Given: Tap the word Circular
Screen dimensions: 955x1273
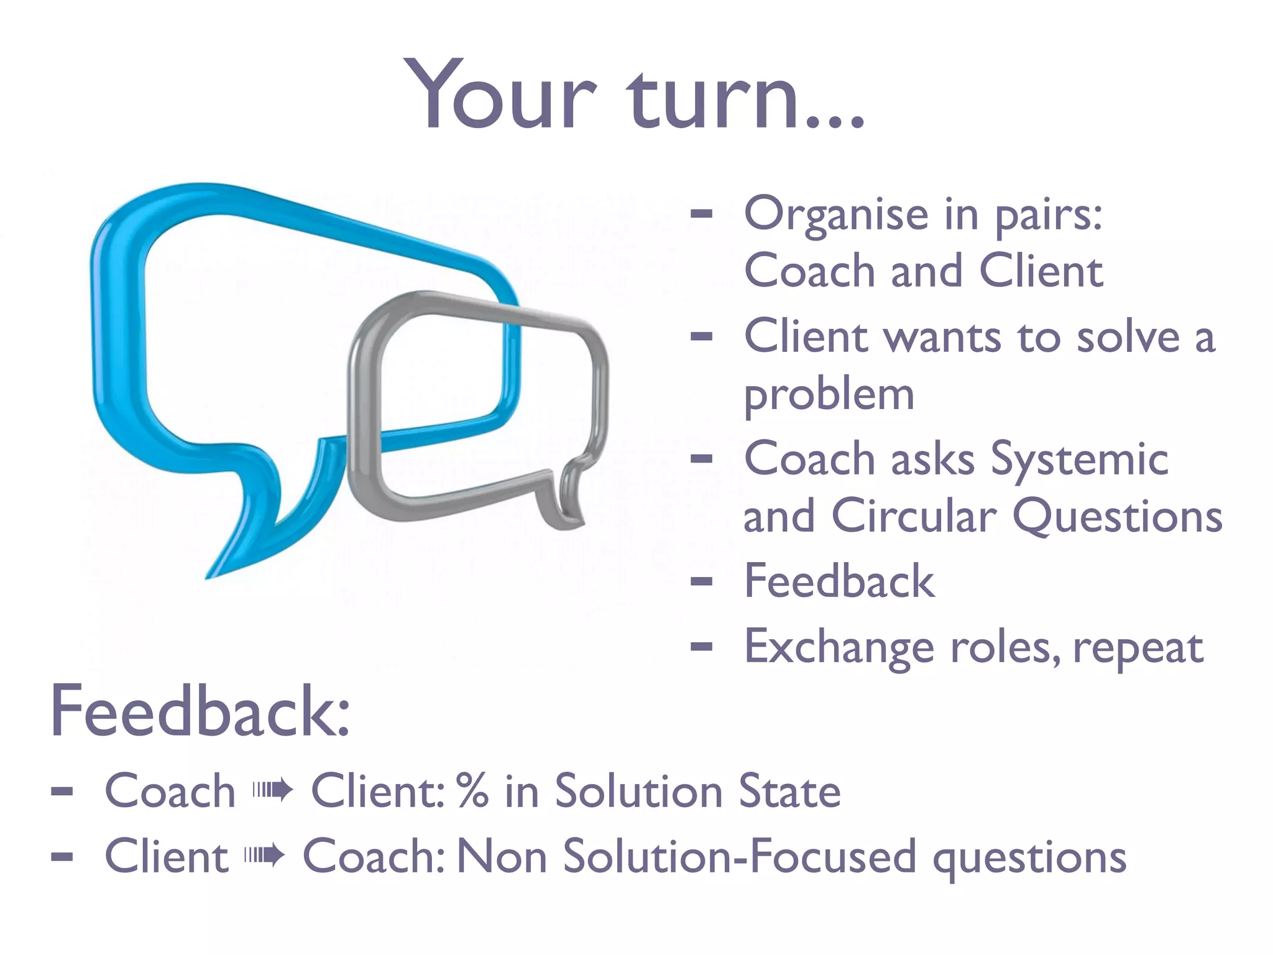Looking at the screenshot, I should click(x=914, y=517).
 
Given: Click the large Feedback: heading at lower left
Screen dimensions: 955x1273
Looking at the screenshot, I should click(x=200, y=712).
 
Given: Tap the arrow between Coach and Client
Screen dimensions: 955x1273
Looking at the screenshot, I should click(x=272, y=791).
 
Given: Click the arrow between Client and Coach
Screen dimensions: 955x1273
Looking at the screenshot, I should click(x=265, y=856).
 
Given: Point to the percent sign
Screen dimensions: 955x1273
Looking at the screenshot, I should click(x=472, y=791).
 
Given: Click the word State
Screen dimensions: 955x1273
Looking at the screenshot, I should click(x=789, y=791).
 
